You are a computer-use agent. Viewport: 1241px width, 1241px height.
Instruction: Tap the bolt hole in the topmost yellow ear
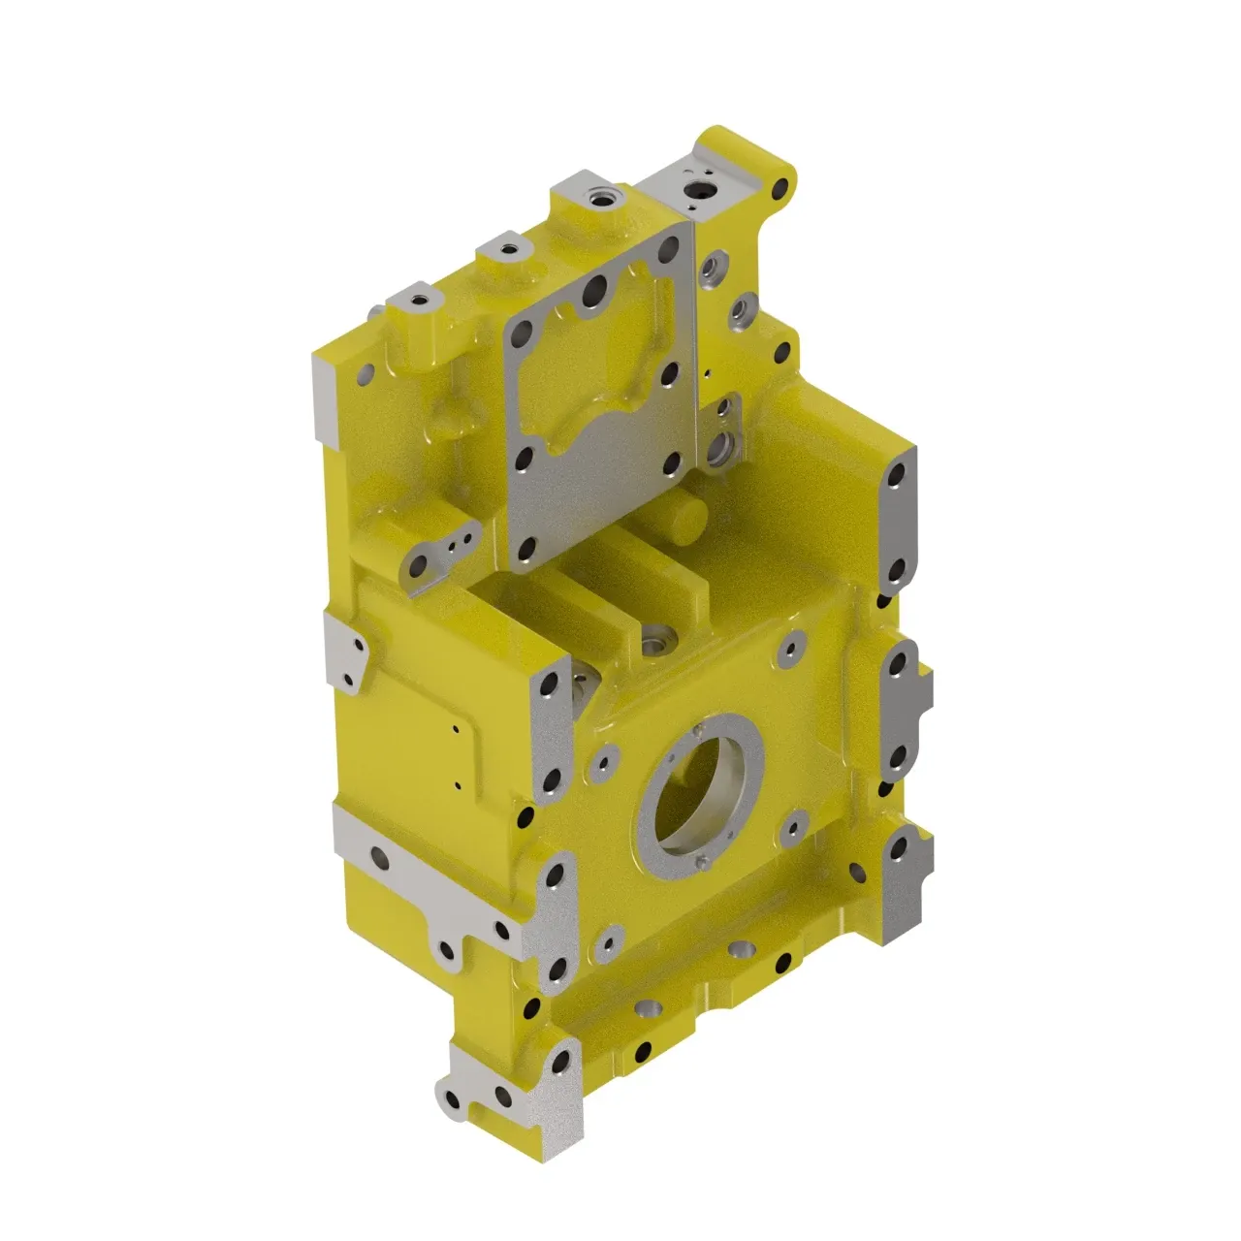tap(778, 190)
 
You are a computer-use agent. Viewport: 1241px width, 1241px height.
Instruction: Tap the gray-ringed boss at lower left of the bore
tap(608, 937)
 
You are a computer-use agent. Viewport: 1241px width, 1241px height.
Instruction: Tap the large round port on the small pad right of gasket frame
tap(720, 448)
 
